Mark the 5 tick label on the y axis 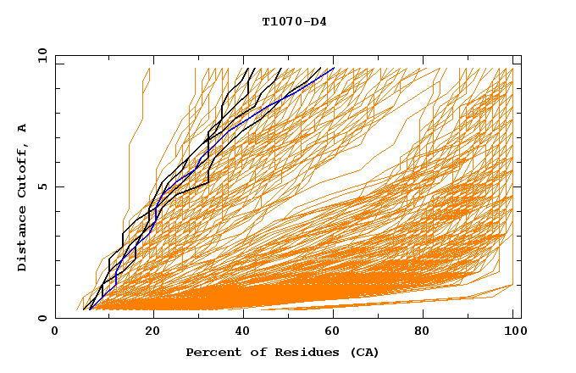point(42,186)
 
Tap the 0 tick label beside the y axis point(42,318)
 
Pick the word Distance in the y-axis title point(22,237)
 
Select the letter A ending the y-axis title point(22,128)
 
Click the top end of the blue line point(334,68)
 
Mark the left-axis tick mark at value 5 point(58,186)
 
